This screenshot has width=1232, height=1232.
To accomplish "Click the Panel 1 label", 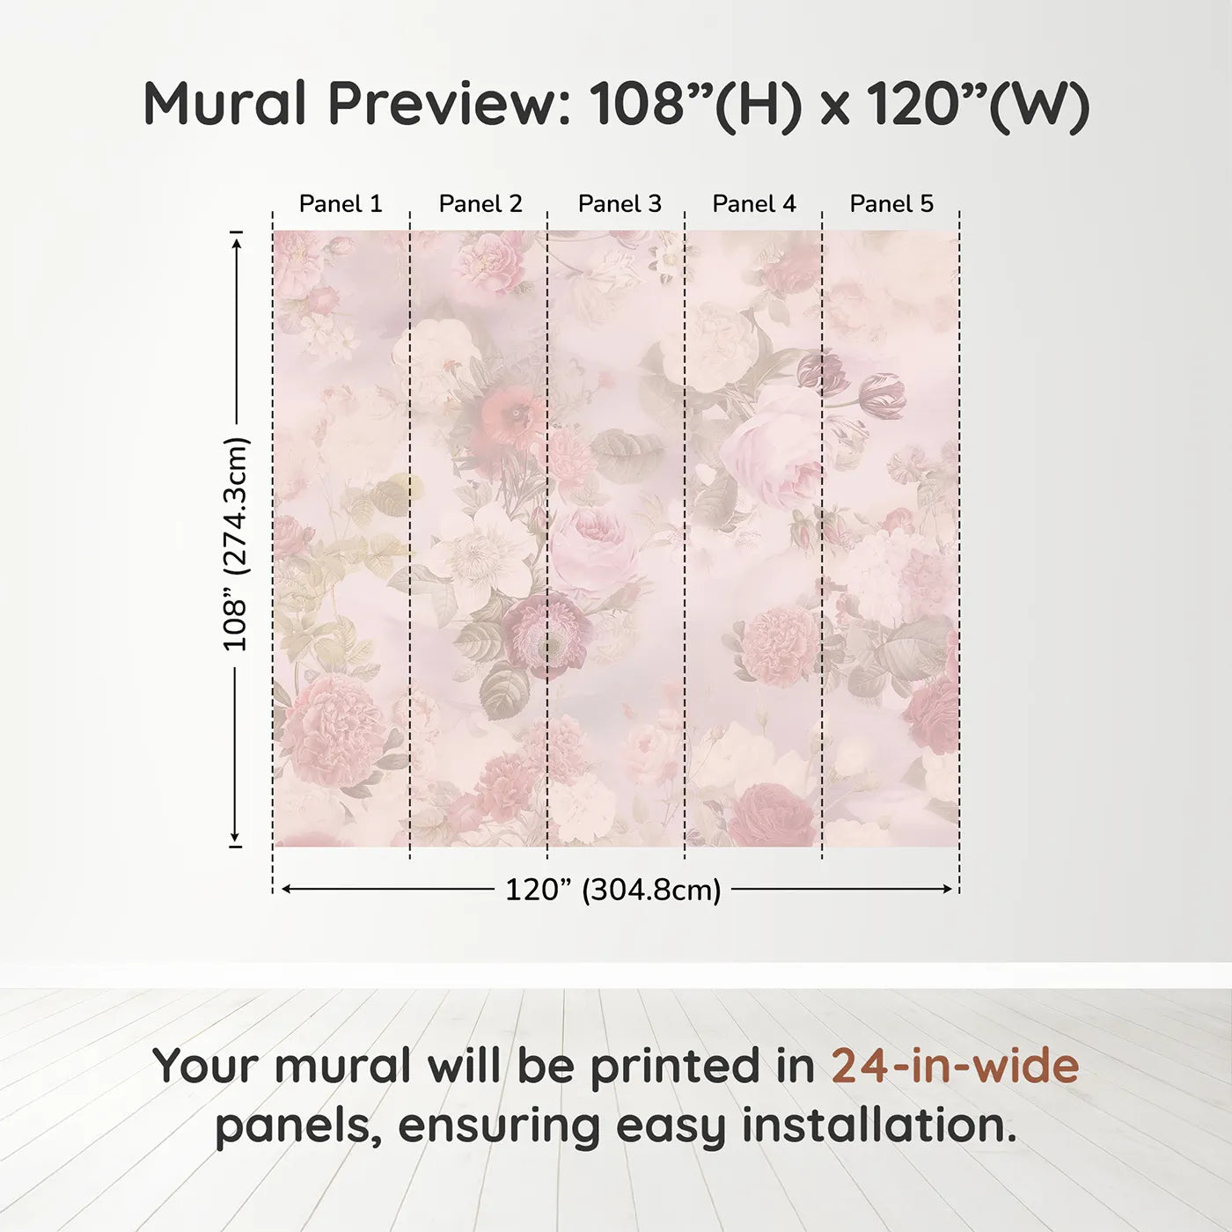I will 341,204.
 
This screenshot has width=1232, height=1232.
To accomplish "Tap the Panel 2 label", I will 480,204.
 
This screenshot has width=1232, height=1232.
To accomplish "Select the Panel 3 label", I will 619,204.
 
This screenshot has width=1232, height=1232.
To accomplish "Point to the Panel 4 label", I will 753,204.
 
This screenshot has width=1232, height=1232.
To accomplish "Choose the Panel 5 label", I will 891,204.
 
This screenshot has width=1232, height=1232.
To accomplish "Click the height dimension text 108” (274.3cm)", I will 236,544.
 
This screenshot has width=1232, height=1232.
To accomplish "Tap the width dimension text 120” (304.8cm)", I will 612,890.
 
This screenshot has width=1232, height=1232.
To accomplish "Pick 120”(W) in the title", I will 978,104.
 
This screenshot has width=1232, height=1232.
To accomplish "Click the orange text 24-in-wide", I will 955,1066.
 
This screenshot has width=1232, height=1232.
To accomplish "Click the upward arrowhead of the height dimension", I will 236,240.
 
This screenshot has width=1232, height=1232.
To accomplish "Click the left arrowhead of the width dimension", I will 285,889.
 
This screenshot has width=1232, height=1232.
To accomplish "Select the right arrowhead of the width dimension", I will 948,889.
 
